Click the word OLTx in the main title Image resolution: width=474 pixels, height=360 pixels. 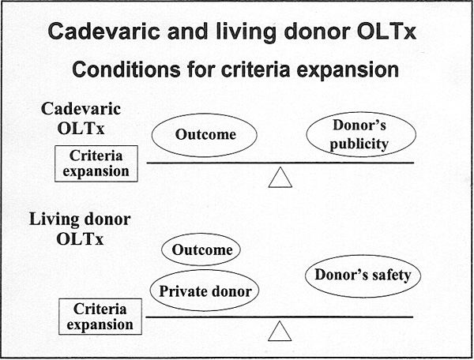tap(386, 32)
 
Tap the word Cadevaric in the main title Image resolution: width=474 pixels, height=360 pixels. tap(103, 32)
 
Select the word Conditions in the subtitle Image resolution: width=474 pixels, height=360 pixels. tap(126, 69)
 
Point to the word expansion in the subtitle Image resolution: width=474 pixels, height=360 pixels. tap(348, 71)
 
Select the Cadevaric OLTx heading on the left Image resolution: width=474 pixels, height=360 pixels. tap(81, 118)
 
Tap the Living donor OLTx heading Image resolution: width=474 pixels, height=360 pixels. tap(80, 229)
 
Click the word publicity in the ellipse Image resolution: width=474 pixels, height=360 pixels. tap(359, 144)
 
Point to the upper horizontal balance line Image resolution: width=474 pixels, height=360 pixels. tap(280, 163)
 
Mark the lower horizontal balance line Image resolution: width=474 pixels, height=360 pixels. tap(280, 317)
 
